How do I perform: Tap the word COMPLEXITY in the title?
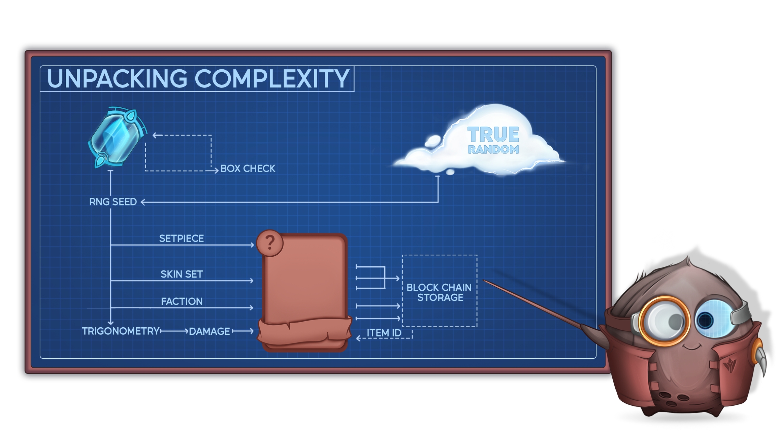(271, 79)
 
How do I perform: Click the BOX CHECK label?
(248, 169)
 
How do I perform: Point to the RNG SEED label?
(112, 202)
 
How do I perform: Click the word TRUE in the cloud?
(493, 135)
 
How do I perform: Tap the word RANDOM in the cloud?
(493, 150)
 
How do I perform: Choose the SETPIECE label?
(181, 239)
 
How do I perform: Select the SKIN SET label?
(182, 274)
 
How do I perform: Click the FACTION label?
(182, 301)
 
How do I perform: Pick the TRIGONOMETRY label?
(121, 331)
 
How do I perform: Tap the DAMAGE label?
(209, 332)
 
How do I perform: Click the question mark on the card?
(270, 243)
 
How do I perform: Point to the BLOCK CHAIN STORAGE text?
(440, 292)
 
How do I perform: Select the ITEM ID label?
(384, 333)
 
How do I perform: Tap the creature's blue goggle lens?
(712, 318)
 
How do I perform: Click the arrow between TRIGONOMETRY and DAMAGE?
(174, 331)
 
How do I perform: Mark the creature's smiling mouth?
(690, 347)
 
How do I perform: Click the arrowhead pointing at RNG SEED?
(143, 202)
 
